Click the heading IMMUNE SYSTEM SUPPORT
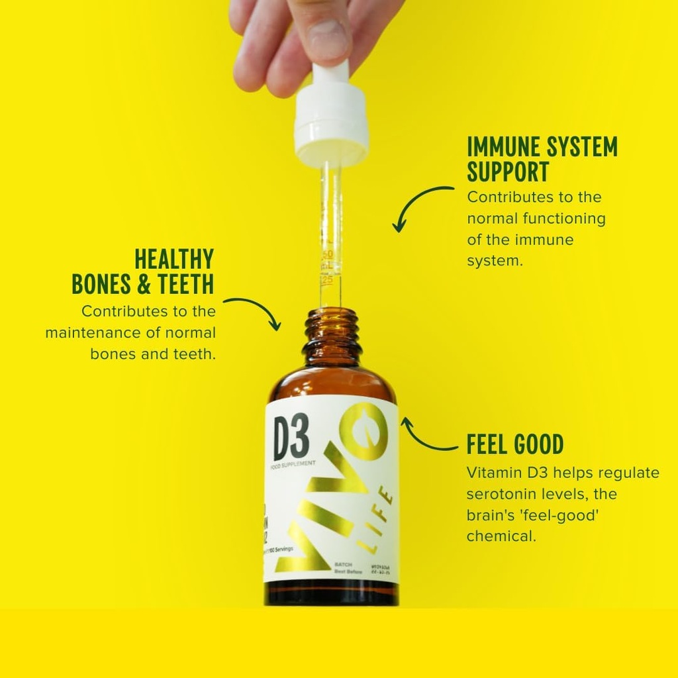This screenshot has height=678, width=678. (x=542, y=159)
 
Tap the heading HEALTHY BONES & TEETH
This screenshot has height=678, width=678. (x=143, y=271)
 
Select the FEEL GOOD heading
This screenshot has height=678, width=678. (x=515, y=445)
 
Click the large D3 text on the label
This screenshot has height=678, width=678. (x=291, y=439)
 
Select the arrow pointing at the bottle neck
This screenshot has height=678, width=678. (x=255, y=310)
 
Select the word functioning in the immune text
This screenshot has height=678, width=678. (x=564, y=218)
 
